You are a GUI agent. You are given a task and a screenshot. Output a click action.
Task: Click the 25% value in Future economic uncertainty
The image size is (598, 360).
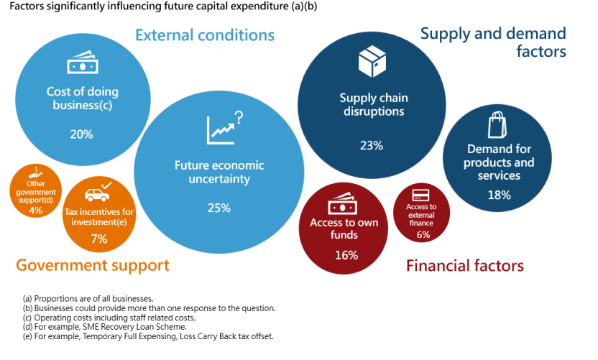(220, 208)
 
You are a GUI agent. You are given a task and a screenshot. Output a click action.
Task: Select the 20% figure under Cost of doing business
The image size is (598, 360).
(81, 134)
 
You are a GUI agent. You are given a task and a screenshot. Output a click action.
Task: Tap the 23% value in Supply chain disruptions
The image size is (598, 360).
(371, 145)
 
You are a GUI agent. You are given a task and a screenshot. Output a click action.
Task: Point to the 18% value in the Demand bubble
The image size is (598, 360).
(499, 195)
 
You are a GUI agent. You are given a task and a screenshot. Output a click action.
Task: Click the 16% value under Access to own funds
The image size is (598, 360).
(346, 254)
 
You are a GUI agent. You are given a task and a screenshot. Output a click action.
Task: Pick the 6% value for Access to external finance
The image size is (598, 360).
(423, 234)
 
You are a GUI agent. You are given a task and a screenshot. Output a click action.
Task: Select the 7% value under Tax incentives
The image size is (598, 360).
(99, 239)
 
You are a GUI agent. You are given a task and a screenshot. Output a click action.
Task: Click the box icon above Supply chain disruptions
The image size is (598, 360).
(372, 61)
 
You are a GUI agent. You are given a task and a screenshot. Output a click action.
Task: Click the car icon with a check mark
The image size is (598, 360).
(99, 193)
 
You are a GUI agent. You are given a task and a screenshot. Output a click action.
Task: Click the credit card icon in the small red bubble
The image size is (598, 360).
(423, 195)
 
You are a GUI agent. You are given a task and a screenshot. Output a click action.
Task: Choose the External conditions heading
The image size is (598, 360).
(205, 34)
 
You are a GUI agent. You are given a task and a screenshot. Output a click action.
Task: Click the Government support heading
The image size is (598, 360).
(93, 265)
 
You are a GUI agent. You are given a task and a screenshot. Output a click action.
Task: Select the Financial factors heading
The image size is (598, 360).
(465, 266)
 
